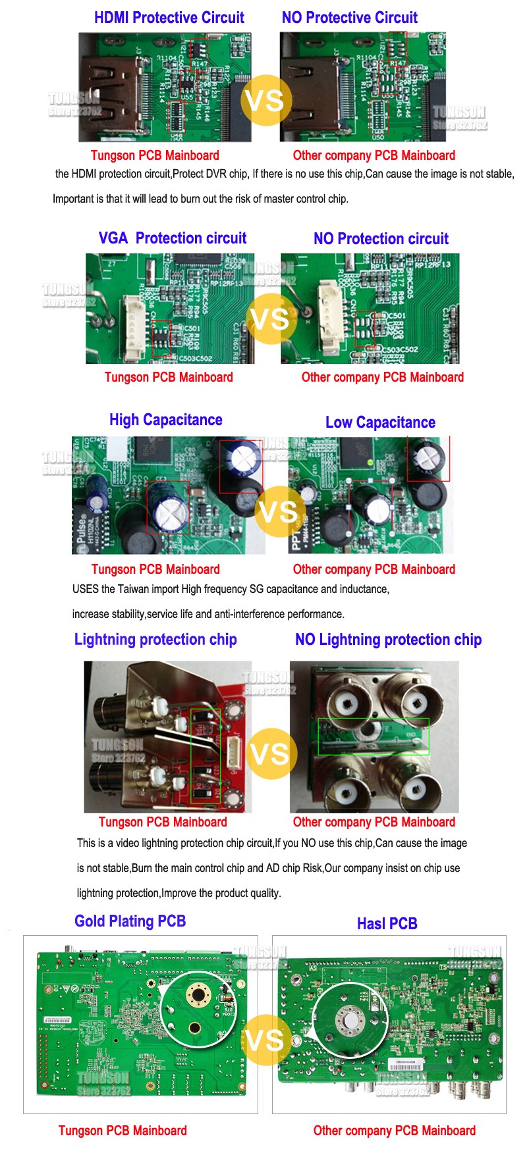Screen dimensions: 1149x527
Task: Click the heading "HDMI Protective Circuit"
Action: (x=169, y=18)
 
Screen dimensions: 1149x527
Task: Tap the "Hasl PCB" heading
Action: (x=387, y=923)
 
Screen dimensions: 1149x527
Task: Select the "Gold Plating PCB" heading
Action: (x=130, y=921)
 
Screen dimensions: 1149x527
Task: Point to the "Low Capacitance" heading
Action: (x=380, y=422)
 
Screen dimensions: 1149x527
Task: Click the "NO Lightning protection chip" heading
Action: (x=388, y=640)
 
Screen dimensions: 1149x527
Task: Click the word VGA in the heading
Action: (x=113, y=238)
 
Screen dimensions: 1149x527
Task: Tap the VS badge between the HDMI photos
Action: (x=265, y=101)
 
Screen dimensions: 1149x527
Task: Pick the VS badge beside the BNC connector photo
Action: (x=270, y=754)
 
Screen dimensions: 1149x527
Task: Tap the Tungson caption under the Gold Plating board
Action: (x=123, y=1131)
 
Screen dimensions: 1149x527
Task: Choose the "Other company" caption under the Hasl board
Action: (x=394, y=1131)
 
